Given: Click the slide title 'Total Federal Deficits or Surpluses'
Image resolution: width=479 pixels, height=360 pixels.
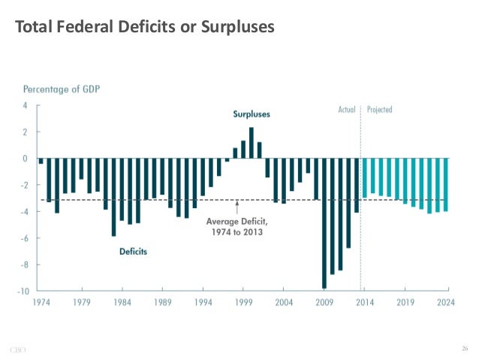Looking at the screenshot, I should tap(145, 29).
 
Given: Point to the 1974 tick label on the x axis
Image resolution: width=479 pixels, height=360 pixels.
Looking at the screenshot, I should tap(41, 303).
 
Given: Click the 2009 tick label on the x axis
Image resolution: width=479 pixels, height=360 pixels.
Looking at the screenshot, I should tap(324, 303).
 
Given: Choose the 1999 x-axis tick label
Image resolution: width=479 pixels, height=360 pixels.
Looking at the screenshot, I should tap(243, 303).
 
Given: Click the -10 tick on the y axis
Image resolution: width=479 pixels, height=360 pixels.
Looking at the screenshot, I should tap(24, 291).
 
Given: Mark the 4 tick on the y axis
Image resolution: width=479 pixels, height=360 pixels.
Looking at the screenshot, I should tap(26, 106).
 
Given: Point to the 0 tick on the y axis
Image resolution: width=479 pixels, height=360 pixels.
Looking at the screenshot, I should tap(26, 159).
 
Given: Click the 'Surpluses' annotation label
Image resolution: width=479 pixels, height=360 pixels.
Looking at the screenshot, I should tap(251, 114).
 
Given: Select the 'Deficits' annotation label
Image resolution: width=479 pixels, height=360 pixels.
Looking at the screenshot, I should tap(133, 252).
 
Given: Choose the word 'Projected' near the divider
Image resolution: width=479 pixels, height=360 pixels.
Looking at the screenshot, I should tap(380, 109).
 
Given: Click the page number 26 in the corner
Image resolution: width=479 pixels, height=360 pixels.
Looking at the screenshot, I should tap(464, 347).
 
